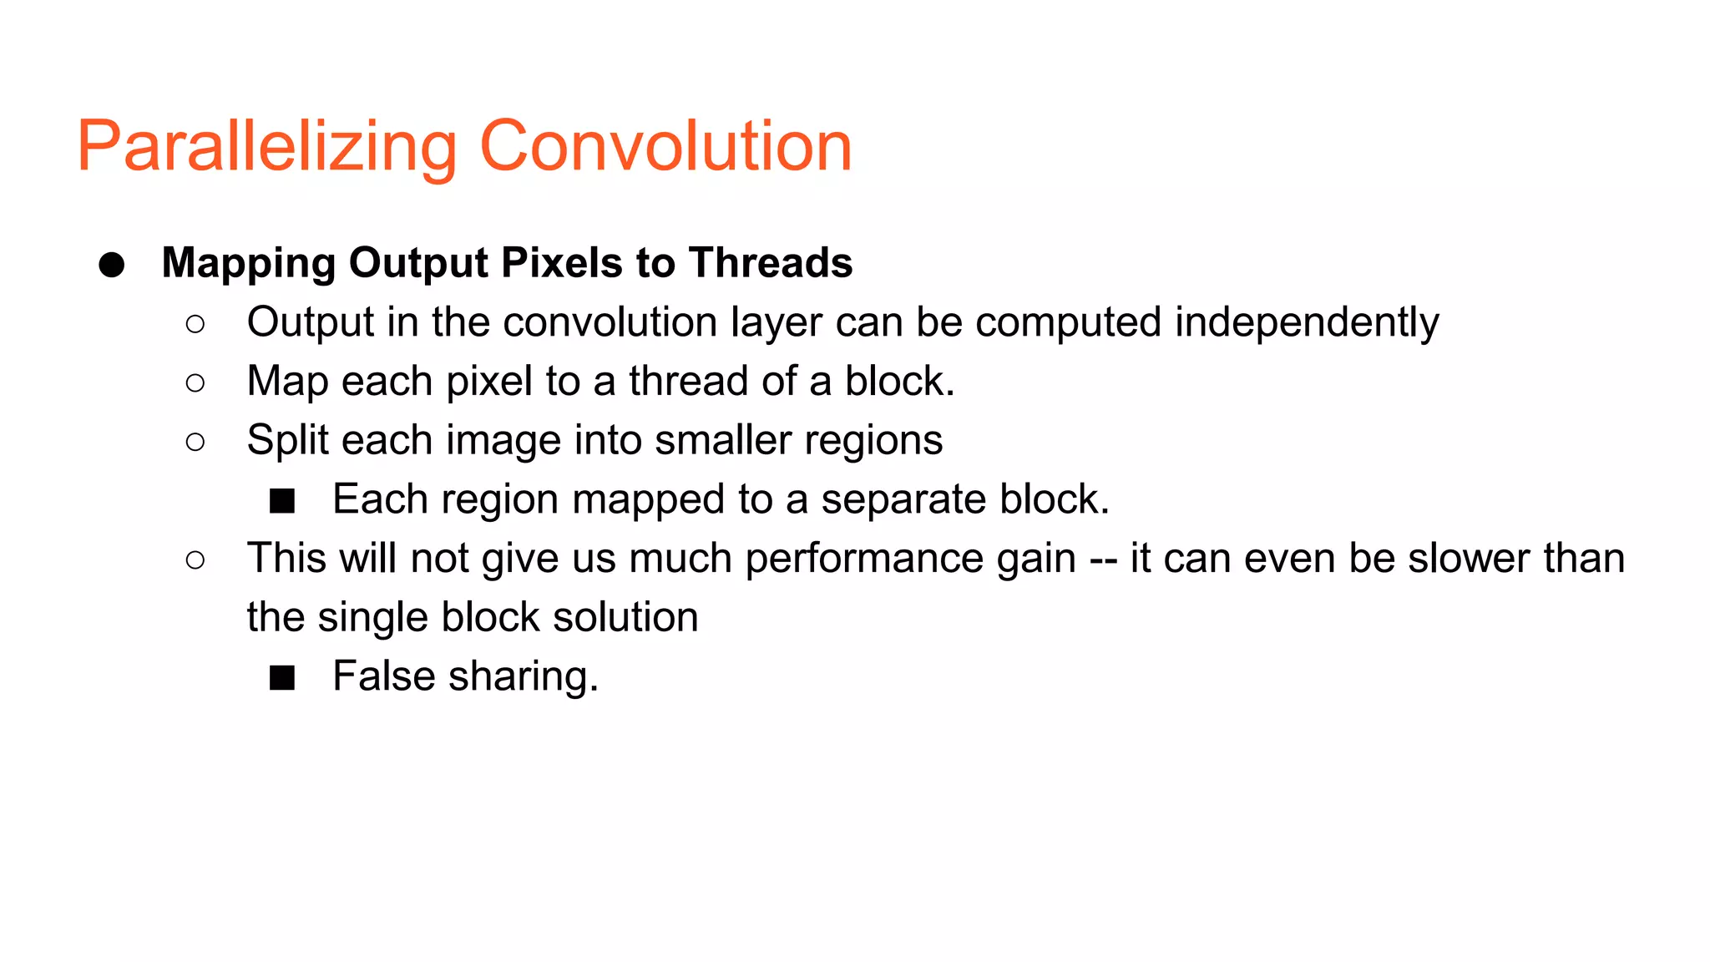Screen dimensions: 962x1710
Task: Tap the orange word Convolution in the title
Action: (665, 147)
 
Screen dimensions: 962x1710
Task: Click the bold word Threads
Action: (771, 262)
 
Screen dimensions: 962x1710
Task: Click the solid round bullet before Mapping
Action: (112, 265)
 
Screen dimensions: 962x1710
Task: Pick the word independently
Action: (1307, 323)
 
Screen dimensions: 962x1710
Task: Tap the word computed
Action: (1068, 323)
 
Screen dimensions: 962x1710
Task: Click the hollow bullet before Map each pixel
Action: (195, 382)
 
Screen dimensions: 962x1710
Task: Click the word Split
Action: (287, 441)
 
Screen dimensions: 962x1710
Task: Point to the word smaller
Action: (722, 440)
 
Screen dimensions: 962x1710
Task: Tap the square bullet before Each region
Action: (282, 500)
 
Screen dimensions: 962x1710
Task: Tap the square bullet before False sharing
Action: (282, 677)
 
